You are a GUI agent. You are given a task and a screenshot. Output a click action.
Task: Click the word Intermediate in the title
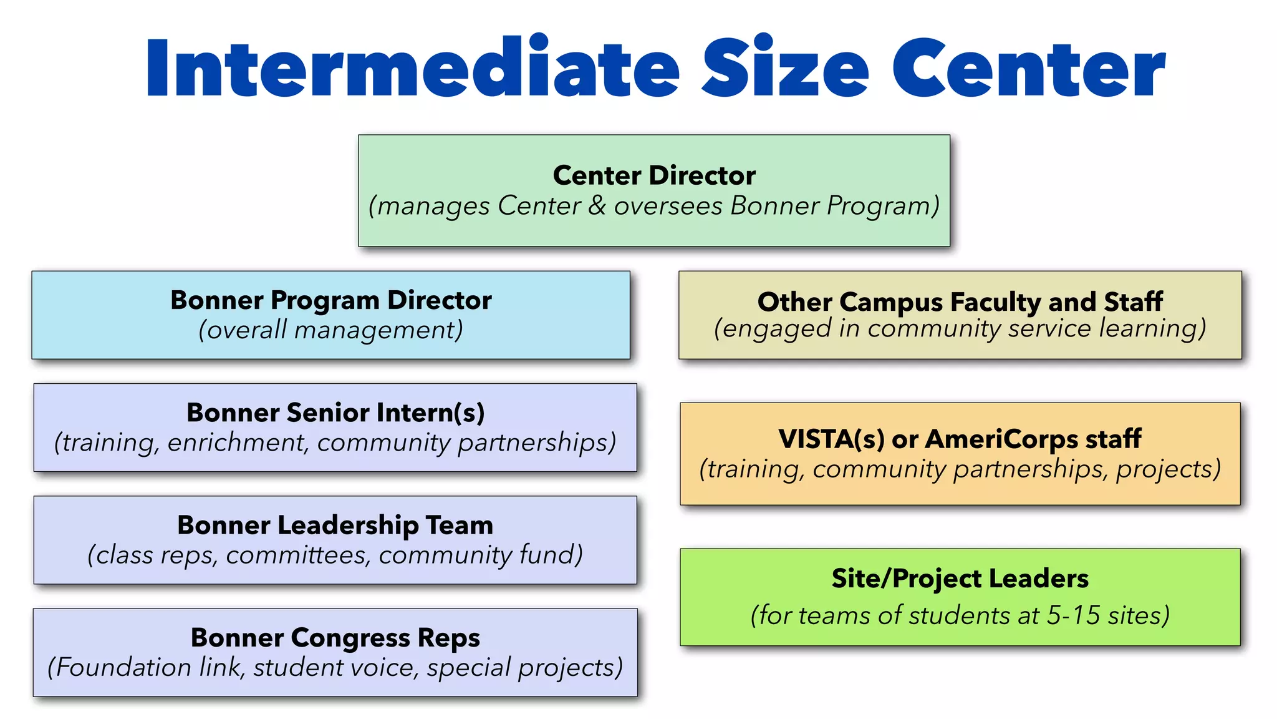(x=412, y=67)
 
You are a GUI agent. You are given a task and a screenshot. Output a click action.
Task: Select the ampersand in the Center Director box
(x=597, y=205)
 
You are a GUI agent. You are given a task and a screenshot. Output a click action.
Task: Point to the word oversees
(x=668, y=206)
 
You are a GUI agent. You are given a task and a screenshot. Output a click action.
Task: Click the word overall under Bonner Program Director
(x=247, y=330)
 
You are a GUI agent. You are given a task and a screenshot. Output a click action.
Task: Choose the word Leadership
(x=348, y=526)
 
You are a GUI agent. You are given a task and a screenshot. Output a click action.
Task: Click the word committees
(x=297, y=555)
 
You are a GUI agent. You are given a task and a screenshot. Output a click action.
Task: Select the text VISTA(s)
(x=831, y=439)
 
